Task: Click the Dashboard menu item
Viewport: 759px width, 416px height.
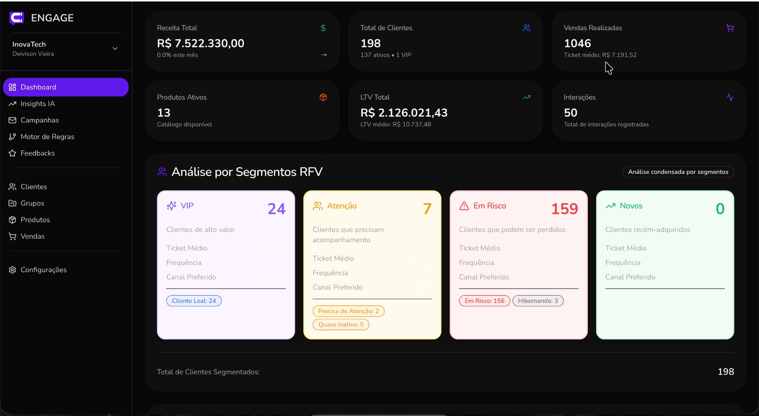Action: click(65, 87)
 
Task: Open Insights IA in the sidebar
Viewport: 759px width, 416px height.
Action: click(38, 104)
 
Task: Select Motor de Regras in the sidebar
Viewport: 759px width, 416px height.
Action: click(47, 137)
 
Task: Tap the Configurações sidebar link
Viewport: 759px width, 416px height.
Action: click(43, 270)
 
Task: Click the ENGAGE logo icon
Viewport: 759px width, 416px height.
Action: click(16, 17)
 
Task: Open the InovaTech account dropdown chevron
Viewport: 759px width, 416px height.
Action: click(115, 49)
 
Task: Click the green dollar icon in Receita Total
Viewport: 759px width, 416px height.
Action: click(323, 28)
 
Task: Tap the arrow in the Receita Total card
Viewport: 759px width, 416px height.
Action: click(324, 55)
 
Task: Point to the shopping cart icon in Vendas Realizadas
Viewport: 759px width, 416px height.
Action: click(730, 28)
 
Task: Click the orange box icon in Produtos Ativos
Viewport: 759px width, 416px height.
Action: click(323, 97)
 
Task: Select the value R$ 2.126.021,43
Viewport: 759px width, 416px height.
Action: click(404, 113)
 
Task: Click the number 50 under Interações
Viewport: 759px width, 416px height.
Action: click(570, 113)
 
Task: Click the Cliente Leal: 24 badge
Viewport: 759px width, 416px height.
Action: click(194, 301)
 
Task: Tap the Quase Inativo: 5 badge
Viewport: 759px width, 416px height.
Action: click(340, 325)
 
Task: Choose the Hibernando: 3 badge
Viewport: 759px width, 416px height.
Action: click(538, 301)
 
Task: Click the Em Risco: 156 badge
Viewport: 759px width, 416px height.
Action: click(484, 301)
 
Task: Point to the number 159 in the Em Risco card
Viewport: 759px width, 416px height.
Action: click(564, 209)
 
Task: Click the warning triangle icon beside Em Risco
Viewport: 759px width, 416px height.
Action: click(464, 206)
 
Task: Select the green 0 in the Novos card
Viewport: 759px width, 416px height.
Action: click(720, 209)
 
